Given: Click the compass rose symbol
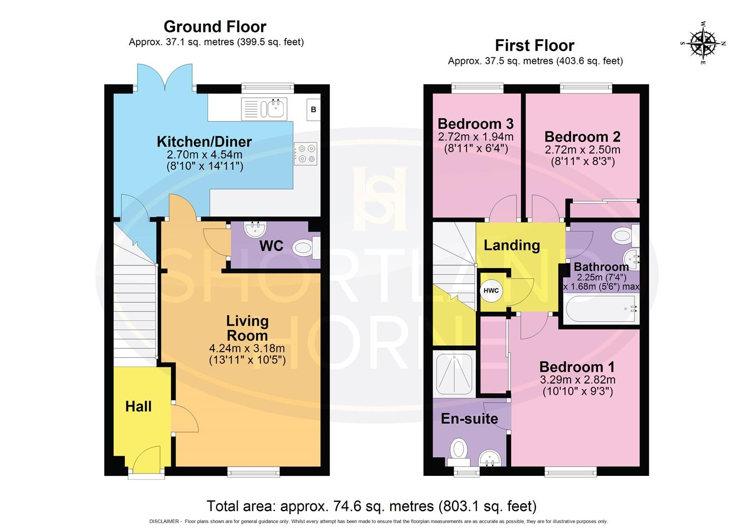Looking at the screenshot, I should pyautogui.click(x=703, y=43).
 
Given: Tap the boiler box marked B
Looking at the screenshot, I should pyautogui.click(x=313, y=110).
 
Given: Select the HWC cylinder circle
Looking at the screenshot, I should pyautogui.click(x=491, y=291).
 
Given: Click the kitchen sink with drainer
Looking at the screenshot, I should pyautogui.click(x=264, y=109).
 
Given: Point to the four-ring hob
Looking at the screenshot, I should pyautogui.click(x=306, y=153).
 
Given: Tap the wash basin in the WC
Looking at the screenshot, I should pyautogui.click(x=255, y=229).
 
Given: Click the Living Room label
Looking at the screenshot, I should pyautogui.click(x=247, y=328).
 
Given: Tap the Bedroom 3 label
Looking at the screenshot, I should pyautogui.click(x=475, y=123).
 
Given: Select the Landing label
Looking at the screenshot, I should pyautogui.click(x=512, y=245).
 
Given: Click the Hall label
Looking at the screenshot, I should pyautogui.click(x=138, y=406).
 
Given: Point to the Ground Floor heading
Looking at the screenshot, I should pyautogui.click(x=215, y=26).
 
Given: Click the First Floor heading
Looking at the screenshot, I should pyautogui.click(x=534, y=45).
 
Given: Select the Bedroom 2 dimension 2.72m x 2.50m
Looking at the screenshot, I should pyautogui.click(x=582, y=149).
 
